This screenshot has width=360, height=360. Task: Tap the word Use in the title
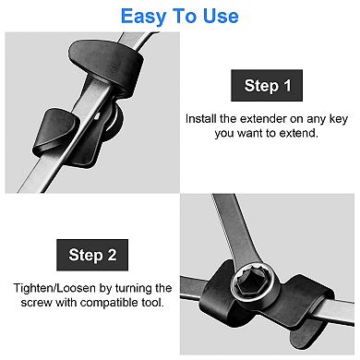pos(221,16)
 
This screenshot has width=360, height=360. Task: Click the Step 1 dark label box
pos(267,86)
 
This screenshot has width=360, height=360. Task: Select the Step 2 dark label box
pos(92,255)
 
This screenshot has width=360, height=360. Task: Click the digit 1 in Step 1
pos(288,85)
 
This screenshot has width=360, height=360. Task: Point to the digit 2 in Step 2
pos(112,255)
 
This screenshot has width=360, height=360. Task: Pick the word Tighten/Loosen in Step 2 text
pos(54,289)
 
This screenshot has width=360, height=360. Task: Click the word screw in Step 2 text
pos(37,303)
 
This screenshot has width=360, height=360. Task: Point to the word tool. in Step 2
pos(153,303)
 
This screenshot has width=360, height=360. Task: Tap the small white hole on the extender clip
pos(98,116)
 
